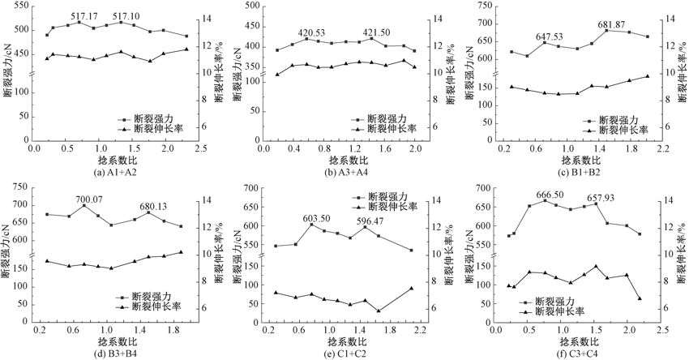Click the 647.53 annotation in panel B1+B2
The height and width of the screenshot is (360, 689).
pos(550,37)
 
